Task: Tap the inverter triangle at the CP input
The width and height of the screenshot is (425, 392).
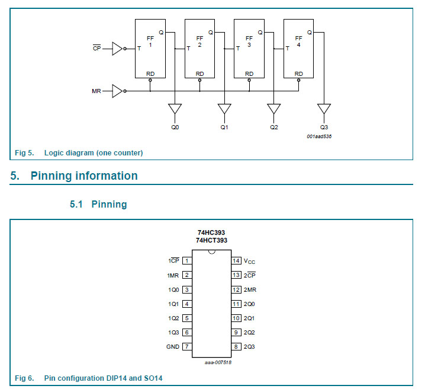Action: (117, 49)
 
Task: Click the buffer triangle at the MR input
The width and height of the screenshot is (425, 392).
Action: (117, 91)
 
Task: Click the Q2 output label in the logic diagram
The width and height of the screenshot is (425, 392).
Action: (273, 128)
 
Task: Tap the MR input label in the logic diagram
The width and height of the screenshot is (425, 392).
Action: (96, 91)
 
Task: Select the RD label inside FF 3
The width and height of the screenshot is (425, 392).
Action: (249, 74)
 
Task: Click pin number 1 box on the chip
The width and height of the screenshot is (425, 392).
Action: (186, 260)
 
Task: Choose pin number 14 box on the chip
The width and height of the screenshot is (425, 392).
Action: (236, 260)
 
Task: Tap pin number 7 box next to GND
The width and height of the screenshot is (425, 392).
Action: (186, 346)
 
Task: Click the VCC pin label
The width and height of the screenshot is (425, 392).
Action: (250, 261)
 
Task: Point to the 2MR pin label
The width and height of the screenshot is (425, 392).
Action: (250, 289)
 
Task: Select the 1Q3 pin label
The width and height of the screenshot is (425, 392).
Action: (173, 333)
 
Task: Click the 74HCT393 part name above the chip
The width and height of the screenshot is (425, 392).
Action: (211, 240)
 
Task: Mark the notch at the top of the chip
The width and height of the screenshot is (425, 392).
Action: (211, 252)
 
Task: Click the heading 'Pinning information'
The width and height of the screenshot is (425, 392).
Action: (84, 176)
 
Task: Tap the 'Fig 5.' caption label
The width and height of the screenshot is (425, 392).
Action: (24, 153)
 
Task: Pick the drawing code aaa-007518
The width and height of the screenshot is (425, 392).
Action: (217, 362)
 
